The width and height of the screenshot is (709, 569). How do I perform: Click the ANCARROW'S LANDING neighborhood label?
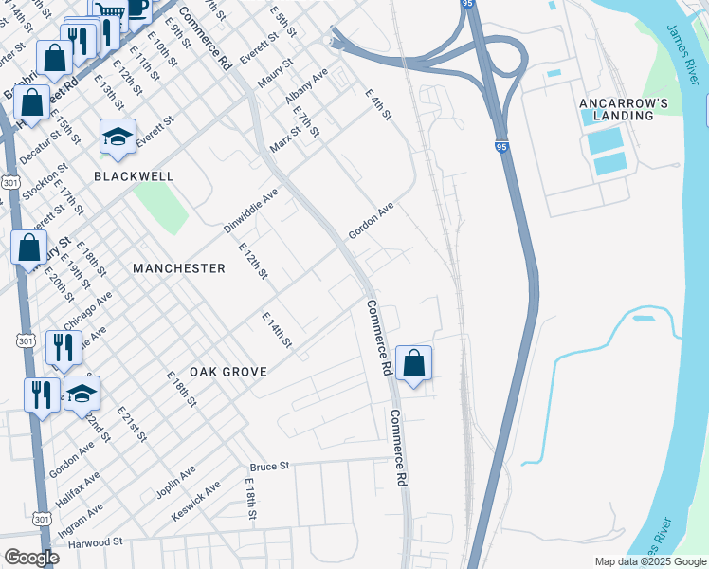pos(617,108)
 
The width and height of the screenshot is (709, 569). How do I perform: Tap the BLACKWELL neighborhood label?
pos(133,176)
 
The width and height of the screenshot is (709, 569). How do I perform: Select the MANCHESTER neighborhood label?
pos(179,268)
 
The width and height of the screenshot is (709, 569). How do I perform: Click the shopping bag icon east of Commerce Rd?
pos(414,364)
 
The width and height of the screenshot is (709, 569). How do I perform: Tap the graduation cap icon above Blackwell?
pos(118,138)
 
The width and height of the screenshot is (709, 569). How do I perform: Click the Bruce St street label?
pos(269,467)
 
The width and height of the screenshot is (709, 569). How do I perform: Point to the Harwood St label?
pos(92,542)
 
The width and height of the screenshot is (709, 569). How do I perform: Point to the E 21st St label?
pos(132,425)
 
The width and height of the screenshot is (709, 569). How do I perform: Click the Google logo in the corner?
pos(30,558)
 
